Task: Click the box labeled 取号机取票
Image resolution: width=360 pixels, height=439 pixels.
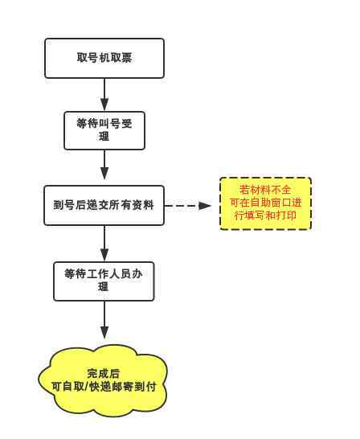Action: point(104,58)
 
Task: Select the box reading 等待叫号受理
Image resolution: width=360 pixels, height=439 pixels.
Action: point(104,130)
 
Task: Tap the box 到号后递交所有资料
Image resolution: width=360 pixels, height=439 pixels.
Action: point(104,205)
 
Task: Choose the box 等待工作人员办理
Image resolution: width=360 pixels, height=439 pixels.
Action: point(104,281)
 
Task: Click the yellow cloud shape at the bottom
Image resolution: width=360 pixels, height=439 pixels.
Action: point(103,380)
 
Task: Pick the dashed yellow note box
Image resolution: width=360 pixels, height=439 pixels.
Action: point(265,203)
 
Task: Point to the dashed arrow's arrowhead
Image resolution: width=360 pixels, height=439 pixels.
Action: point(204,206)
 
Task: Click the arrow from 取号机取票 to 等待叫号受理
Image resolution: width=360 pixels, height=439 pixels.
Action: point(104,95)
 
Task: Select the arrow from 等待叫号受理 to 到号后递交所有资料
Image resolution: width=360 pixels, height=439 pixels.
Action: point(104,165)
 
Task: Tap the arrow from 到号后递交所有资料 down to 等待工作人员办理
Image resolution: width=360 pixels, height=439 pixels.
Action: point(104,244)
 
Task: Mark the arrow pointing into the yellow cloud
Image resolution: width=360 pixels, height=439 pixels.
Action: point(104,320)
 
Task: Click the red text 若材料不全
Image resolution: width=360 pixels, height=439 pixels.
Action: point(265,190)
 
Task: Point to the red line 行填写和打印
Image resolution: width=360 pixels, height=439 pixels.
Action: point(265,215)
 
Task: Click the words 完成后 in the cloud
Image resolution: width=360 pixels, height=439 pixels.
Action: point(103,374)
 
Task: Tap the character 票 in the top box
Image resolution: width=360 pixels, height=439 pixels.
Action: point(126,58)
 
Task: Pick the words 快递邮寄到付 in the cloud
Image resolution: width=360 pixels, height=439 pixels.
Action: point(122,387)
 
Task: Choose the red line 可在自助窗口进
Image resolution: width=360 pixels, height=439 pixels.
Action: point(265,203)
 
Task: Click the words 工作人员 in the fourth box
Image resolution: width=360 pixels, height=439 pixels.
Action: point(109,274)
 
